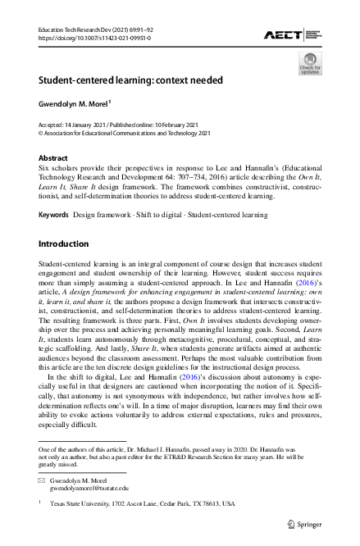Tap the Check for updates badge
(x=309, y=63)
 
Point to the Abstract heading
(x=53, y=157)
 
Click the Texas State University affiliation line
(x=142, y=504)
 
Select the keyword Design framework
(x=99, y=214)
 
